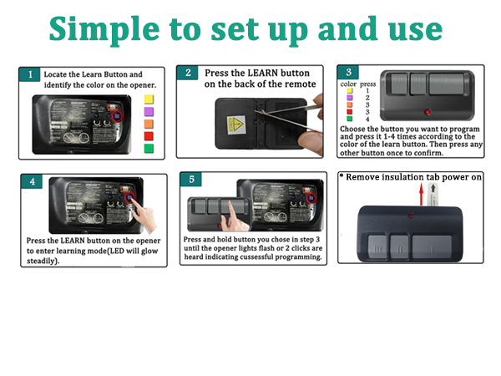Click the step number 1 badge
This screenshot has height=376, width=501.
30,74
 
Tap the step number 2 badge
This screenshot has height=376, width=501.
188,73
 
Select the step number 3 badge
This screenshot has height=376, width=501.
348,72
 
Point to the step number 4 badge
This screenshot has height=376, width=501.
32,181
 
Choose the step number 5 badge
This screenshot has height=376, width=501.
191,179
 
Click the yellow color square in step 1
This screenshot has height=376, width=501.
149,99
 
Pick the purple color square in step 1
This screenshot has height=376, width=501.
149,112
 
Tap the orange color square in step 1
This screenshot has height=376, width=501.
149,124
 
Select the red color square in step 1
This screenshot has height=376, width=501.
149,136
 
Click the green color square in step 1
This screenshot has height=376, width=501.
149,149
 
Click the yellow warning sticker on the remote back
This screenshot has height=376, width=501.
235,125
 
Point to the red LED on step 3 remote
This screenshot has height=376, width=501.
428,112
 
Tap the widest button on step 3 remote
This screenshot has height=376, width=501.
447,84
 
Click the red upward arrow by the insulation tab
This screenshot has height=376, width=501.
422,195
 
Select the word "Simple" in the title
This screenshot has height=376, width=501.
104,30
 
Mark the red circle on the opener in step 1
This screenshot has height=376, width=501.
118,116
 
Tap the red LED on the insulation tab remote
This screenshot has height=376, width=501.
411,216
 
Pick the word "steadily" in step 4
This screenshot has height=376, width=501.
41,261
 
